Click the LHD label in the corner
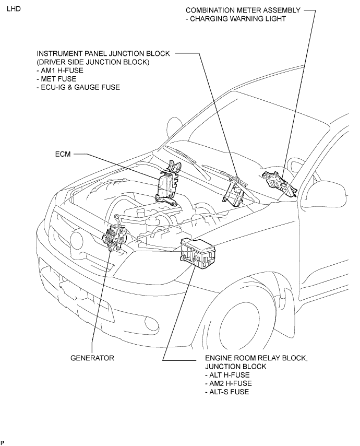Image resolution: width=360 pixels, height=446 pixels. point(14,9)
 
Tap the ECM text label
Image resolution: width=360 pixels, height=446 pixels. point(63,154)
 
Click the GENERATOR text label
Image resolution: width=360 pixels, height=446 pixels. point(92,358)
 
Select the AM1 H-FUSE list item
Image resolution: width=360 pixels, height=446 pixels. point(60,71)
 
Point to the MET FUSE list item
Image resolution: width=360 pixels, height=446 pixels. point(56,79)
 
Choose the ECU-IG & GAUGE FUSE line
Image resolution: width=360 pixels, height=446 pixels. point(78,87)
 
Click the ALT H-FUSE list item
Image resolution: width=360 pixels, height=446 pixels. point(227,375)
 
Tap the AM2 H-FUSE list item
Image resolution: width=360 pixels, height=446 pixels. point(228,383)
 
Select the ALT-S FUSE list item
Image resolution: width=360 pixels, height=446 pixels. point(227,392)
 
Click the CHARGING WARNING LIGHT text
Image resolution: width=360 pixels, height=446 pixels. point(235,19)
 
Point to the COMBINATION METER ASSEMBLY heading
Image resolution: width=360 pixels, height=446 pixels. point(243,10)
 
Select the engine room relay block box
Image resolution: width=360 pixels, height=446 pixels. point(198,253)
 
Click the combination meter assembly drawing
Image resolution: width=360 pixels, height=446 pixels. point(279,183)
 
